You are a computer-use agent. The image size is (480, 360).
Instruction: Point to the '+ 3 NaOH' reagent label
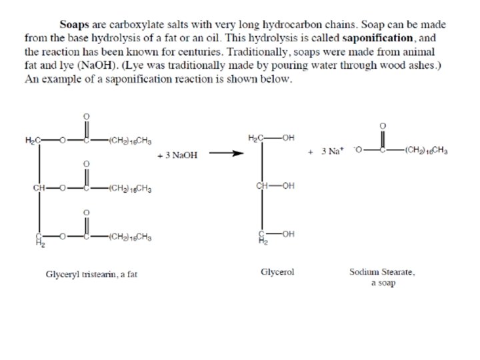[177, 155]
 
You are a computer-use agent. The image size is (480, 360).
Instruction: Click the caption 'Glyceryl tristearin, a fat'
[91, 274]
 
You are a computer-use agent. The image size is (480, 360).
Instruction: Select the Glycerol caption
[277, 272]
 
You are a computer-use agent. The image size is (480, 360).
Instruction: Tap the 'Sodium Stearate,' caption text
[383, 272]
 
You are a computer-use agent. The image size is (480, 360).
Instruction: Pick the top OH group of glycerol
[288, 138]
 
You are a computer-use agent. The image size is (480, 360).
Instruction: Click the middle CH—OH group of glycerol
[275, 185]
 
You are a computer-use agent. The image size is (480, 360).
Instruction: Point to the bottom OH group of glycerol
[288, 233]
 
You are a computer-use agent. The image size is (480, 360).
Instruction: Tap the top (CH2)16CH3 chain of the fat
[131, 141]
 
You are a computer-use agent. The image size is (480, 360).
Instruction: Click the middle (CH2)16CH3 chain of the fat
[131, 188]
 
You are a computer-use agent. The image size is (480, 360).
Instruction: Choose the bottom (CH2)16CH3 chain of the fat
[131, 236]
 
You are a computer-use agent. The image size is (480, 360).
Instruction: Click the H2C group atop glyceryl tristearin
[33, 141]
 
